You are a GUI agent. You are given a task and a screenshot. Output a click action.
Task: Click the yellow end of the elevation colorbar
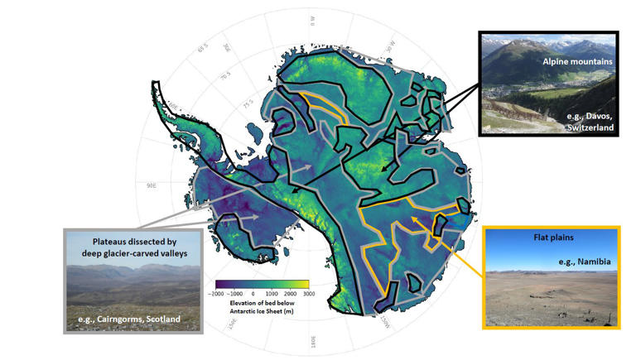point(306,284)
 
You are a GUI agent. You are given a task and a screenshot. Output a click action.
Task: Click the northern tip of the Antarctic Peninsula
point(154,82)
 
